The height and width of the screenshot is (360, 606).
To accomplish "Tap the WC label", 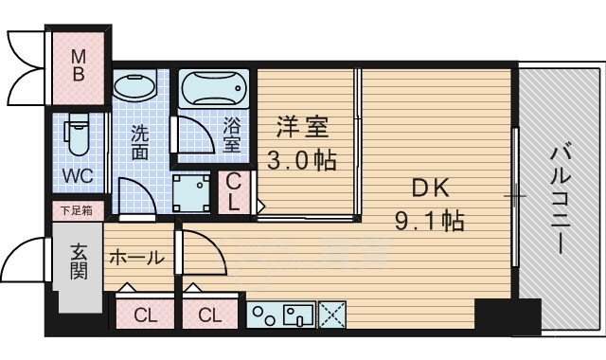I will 77,177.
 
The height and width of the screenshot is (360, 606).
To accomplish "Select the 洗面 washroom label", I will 139,141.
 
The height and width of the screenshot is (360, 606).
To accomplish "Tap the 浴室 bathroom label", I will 233,135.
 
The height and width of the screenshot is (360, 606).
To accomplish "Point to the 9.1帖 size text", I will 429,222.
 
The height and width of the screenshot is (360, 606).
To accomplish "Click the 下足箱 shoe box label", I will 77,210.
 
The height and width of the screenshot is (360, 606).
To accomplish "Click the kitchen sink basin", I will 298,315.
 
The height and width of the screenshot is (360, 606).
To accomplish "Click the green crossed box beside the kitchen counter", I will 332,315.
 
